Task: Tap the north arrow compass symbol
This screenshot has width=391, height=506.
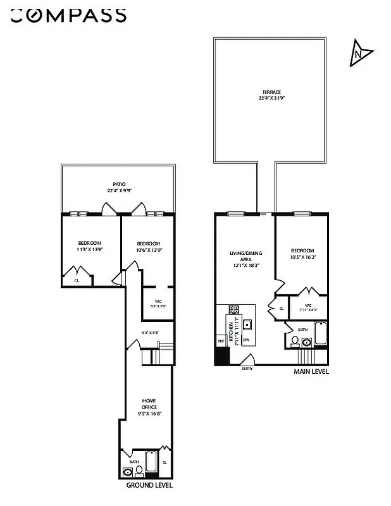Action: (359, 54)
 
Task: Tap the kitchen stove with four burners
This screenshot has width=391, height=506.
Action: (233, 310)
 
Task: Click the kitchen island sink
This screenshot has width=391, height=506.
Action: (249, 324)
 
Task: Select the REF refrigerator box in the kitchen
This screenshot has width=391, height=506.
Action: (221, 342)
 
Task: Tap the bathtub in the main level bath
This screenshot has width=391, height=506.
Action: (320, 333)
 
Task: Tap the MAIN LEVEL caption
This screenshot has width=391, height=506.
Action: (311, 372)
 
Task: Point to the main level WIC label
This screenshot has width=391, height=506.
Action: (307, 307)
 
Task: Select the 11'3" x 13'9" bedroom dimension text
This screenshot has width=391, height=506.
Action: (89, 249)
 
